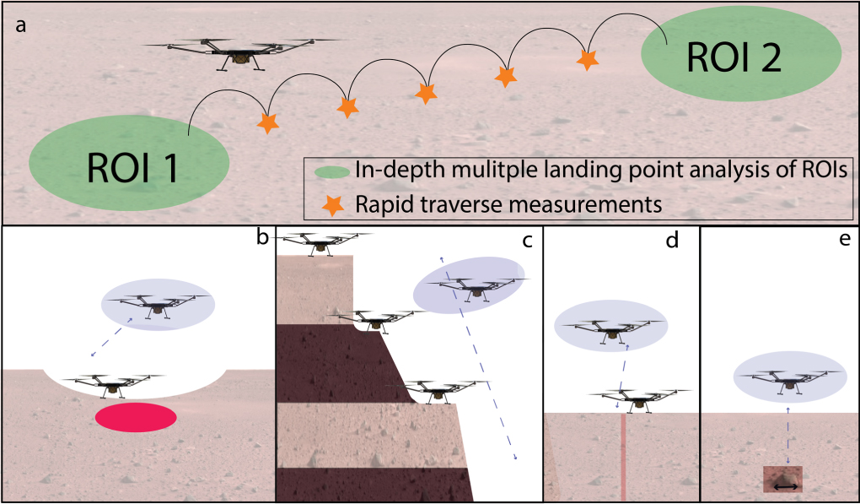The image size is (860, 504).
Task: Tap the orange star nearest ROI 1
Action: [x=268, y=123]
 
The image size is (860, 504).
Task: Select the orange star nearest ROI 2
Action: [x=587, y=59]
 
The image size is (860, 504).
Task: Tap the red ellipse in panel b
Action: [x=135, y=417]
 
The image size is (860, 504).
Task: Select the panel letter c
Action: [x=528, y=241]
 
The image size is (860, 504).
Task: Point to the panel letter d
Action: [x=672, y=241]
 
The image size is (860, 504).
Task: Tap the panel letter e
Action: [x=842, y=240]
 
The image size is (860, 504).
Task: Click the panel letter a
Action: [x=21, y=24]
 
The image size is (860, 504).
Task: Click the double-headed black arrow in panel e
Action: [x=786, y=485]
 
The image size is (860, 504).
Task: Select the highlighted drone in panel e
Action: [x=788, y=377]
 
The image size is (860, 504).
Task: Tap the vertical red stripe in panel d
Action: [x=623, y=456]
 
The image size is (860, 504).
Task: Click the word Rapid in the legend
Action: [x=377, y=203]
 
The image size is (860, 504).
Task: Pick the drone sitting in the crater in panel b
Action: [x=111, y=385]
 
